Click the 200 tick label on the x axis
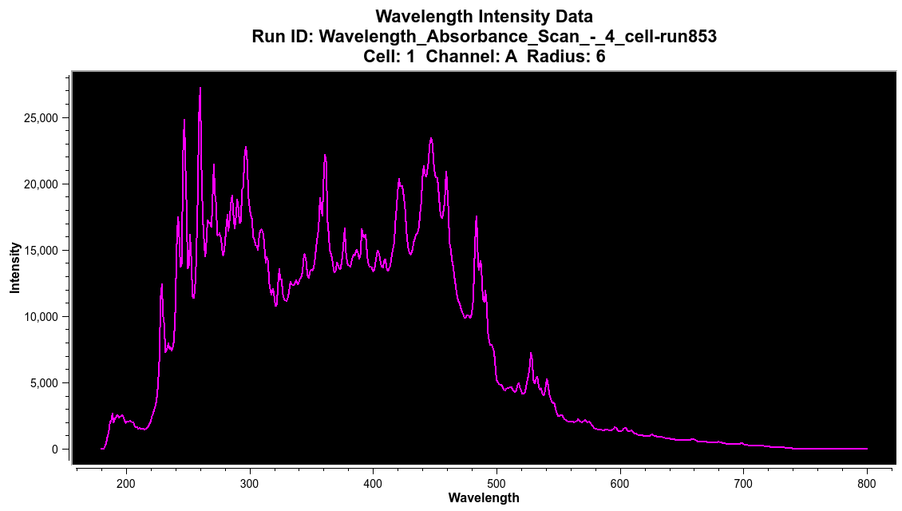[126, 483]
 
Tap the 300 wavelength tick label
[250, 483]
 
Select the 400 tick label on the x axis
[373, 483]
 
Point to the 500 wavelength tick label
[496, 483]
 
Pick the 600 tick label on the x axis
[620, 483]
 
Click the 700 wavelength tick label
[743, 483]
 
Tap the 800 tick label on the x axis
[867, 483]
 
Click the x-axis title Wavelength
[484, 498]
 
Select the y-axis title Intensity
[15, 267]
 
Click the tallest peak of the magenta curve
[200, 88]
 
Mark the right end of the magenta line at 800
[867, 449]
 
